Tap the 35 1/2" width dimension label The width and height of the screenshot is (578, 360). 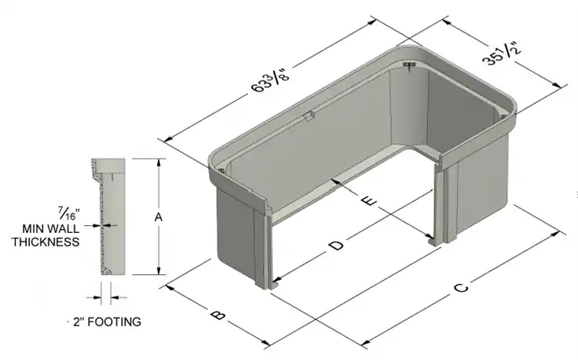pyautogui.click(x=503, y=54)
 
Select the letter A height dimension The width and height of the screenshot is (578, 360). pyautogui.click(x=158, y=218)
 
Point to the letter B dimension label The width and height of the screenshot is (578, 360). pyautogui.click(x=218, y=315)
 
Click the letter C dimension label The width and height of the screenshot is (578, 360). pyautogui.click(x=461, y=287)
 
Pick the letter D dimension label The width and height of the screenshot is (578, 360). pyautogui.click(x=336, y=245)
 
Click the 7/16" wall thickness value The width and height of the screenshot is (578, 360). pyautogui.click(x=69, y=214)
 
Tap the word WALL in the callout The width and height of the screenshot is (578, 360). pyautogui.click(x=64, y=229)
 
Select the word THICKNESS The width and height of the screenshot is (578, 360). pyautogui.click(x=46, y=242)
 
